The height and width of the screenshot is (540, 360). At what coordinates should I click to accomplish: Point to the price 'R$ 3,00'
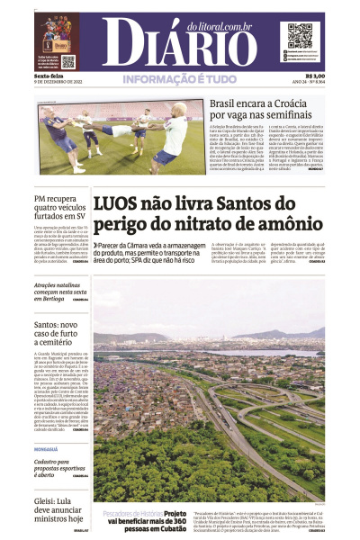coord(314,76)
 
